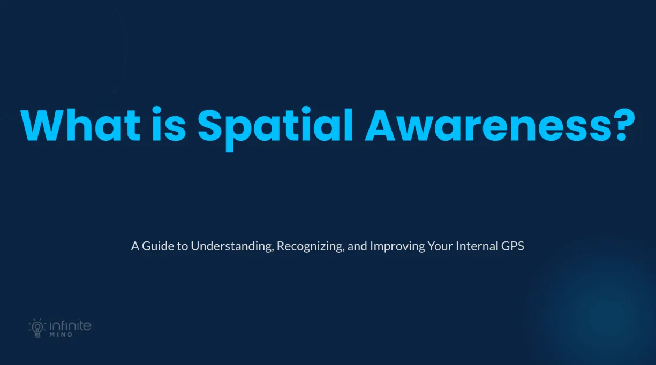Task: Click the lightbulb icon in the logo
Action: [36, 328]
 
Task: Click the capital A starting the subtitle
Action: [135, 247]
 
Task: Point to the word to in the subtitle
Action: [182, 247]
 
